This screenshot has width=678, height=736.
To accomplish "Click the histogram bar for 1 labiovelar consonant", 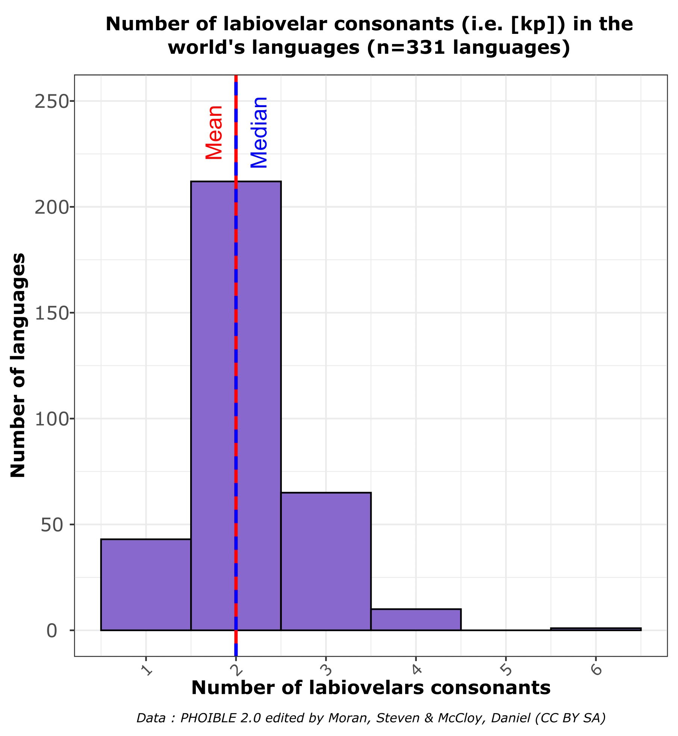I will pos(146,585).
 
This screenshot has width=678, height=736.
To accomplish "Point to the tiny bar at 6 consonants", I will pos(596,629).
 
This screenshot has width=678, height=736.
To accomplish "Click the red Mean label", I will pos(215,132).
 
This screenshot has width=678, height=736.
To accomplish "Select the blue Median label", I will pos(259,132).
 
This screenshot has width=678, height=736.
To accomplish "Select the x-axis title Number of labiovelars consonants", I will pos(371,688).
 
